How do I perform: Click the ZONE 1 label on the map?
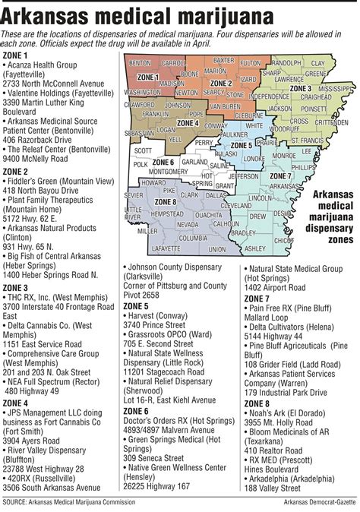click(x=148, y=77)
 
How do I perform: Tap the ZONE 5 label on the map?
click(x=242, y=144)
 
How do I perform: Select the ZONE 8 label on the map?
click(x=166, y=201)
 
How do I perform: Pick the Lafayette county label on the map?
click(x=166, y=248)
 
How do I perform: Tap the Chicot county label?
click(x=283, y=240)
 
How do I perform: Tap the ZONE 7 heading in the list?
click(x=257, y=299)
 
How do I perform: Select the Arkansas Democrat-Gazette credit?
click(x=312, y=502)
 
